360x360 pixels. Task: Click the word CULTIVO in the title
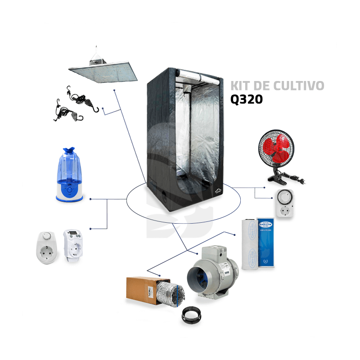[x=298, y=85]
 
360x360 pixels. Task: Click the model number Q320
[x=246, y=99]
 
